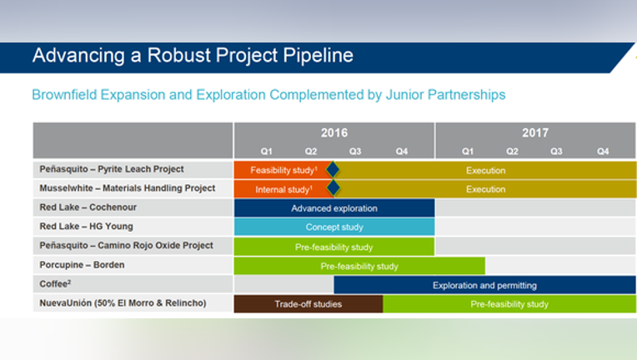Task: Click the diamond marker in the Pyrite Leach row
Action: [x=333, y=170]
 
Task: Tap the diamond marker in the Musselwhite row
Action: [x=334, y=187]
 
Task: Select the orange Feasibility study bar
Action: [x=283, y=170]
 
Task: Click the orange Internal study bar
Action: [x=283, y=189]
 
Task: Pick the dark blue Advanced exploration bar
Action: [x=334, y=208]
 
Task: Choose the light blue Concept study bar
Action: [x=334, y=227]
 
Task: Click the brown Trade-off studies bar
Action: [x=308, y=304]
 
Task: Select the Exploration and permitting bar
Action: [x=484, y=285]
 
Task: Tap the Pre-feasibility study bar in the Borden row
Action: [x=359, y=266]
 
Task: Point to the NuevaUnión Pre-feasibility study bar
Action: [x=509, y=304]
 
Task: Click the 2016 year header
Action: [x=334, y=132]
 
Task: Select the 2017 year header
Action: [x=535, y=132]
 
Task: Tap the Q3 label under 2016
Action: [x=355, y=152]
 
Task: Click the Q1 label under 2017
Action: [x=468, y=152]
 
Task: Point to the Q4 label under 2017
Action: [x=603, y=152]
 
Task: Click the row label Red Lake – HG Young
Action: [x=86, y=227]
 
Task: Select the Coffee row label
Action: [x=55, y=283]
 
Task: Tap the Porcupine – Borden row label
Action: [x=82, y=265]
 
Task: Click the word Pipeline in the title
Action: [x=318, y=56]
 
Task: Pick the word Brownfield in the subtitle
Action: [x=64, y=94]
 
